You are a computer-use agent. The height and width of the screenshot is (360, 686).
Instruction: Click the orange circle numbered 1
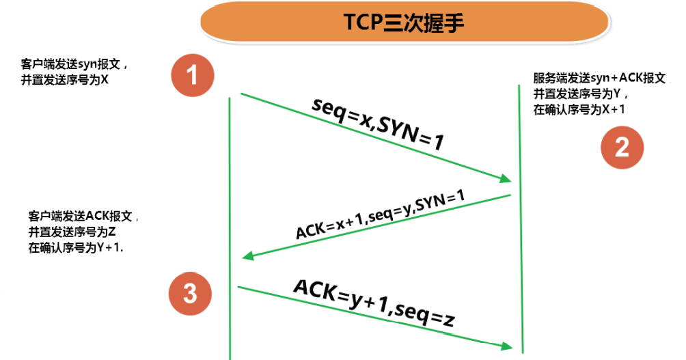coord(193,74)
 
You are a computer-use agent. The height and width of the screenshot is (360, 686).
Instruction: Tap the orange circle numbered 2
coord(622,148)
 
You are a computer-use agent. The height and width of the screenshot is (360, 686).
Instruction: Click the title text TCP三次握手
coord(404,23)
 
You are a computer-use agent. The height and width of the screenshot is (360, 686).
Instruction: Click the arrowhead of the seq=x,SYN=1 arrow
coord(506,179)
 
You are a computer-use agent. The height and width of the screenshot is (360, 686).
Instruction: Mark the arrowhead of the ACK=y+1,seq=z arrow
coord(506,346)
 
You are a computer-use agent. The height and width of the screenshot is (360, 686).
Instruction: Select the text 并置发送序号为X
coord(65,79)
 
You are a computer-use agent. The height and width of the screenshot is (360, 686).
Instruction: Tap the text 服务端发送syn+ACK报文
coord(599,78)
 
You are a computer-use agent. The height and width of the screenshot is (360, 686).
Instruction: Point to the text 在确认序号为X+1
coord(579,109)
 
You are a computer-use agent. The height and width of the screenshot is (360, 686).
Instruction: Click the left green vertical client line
coord(230,205)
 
